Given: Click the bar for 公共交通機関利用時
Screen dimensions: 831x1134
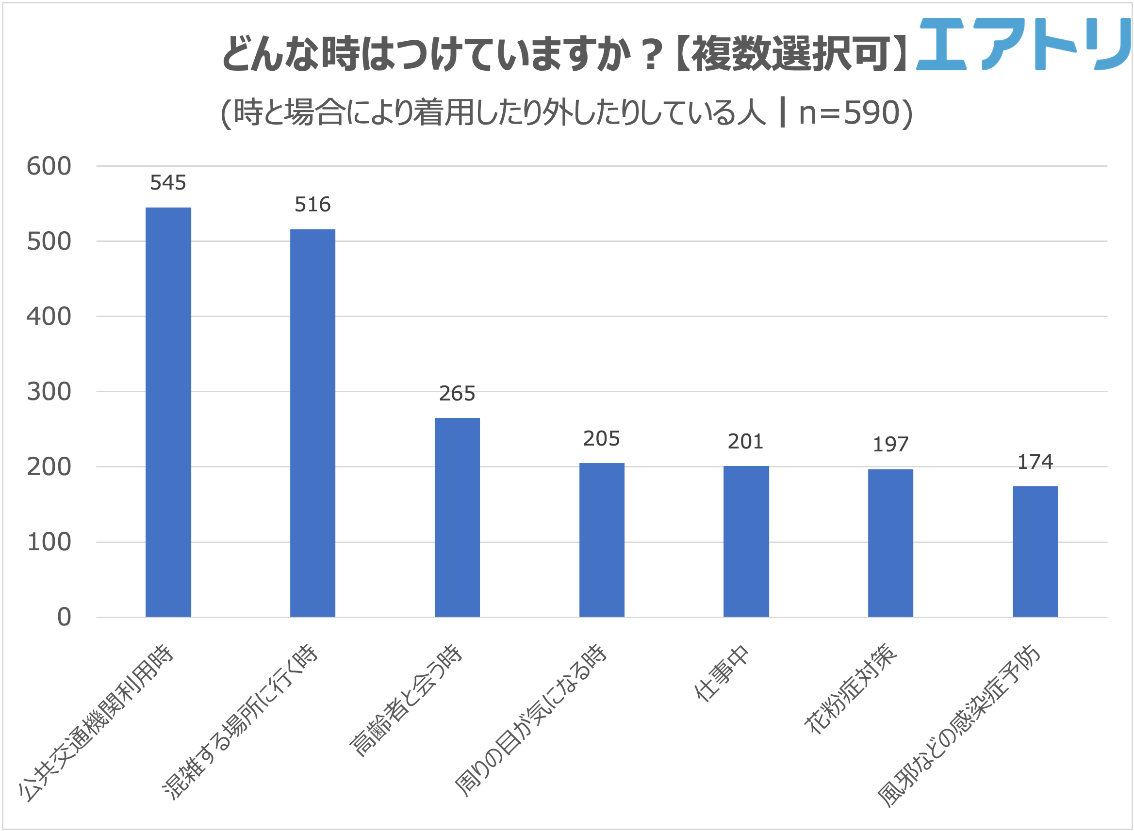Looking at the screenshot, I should pos(168,412).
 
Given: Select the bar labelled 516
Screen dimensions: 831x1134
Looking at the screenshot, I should pos(312,423).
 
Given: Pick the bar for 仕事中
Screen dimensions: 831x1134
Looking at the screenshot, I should pos(746,541).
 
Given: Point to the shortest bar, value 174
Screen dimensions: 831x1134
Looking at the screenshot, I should pos(1035,551).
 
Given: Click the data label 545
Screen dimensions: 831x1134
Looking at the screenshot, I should pos(168,183).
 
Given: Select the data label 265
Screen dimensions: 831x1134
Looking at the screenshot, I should pos(457,393).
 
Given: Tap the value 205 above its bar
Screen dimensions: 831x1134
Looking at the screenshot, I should pos(602,439).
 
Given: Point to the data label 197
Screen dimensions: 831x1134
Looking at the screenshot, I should pos(890,444).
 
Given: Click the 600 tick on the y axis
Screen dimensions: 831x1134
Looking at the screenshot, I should pos(49,166).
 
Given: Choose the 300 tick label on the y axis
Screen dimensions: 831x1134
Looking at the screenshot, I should pos(49,391).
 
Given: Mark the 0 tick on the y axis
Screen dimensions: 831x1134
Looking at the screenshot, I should pos(64,617).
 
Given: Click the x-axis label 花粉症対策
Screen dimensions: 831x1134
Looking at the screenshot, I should pos(851,689).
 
